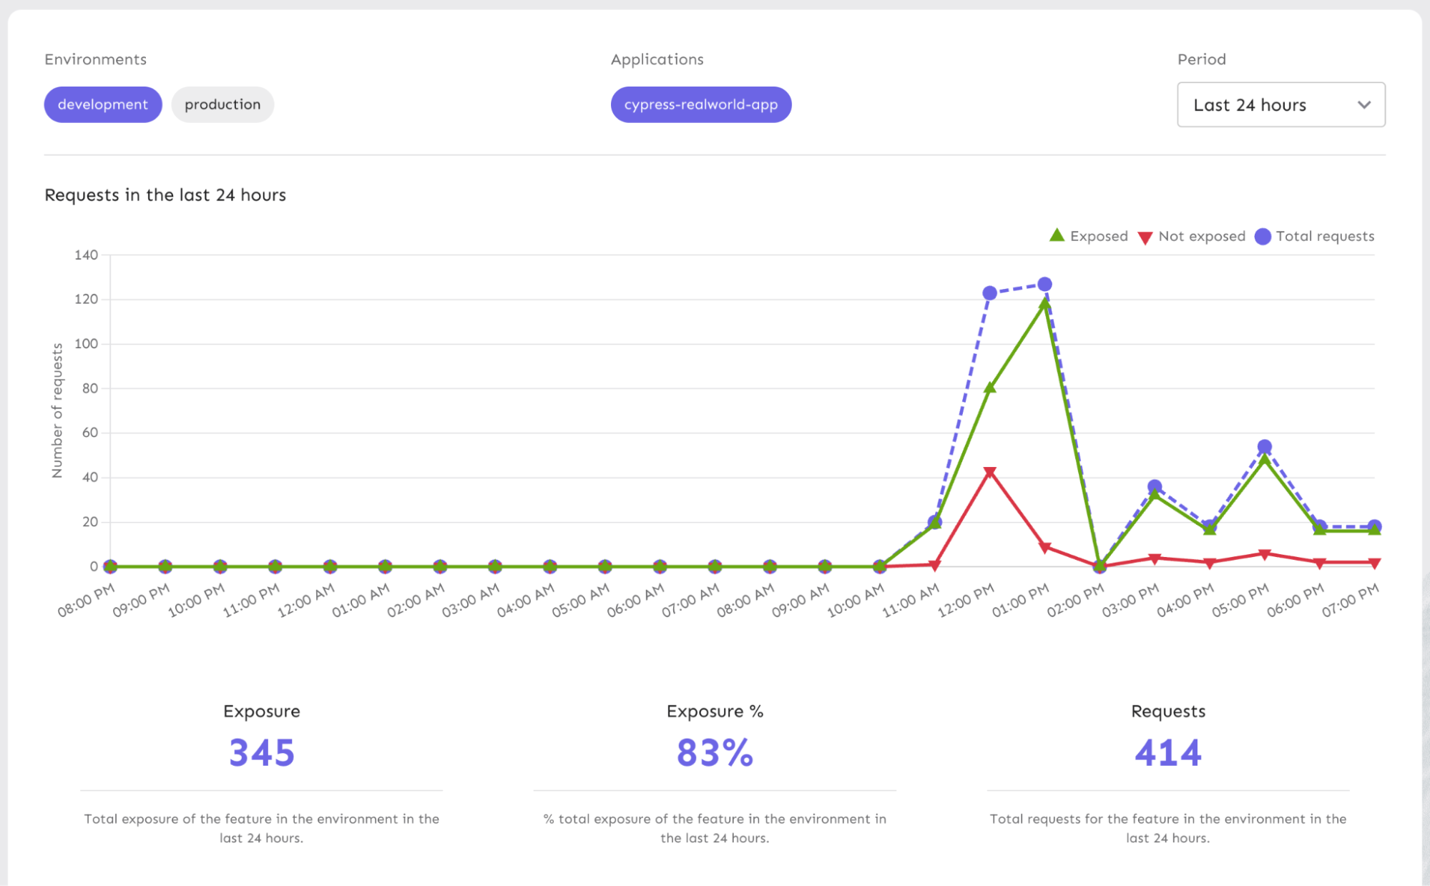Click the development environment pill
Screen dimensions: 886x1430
103,104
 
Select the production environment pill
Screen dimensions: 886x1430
222,104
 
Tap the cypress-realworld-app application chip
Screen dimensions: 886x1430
700,104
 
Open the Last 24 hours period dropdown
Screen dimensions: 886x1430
1280,104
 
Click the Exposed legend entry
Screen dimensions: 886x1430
1089,236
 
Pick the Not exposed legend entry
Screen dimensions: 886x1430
1192,236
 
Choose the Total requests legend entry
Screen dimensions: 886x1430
1315,236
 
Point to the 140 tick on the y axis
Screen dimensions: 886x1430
86,255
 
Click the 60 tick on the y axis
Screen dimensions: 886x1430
90,433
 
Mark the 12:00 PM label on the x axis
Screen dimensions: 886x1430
966,601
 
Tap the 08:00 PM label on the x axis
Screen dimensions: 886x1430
87,601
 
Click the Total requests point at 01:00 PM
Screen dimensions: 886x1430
1044,285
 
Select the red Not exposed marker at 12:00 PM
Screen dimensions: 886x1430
989,472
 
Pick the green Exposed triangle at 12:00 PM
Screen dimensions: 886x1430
989,388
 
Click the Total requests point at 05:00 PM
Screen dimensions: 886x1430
1264,447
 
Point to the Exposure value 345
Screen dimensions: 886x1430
262,753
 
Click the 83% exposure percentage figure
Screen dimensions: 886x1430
715,753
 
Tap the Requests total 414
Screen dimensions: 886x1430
1167,753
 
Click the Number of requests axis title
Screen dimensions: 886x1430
57,410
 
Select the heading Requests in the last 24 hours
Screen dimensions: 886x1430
165,195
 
